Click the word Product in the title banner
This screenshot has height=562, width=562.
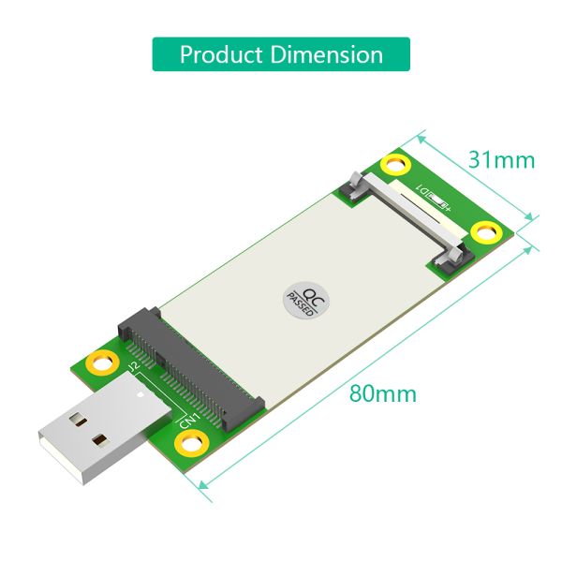[221, 54]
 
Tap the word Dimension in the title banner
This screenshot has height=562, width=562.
[327, 54]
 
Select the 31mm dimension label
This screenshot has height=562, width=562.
[501, 160]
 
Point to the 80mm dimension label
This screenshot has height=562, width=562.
[382, 393]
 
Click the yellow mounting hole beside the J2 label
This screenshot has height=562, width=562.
[99, 362]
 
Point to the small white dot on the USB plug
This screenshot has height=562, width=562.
[140, 395]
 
